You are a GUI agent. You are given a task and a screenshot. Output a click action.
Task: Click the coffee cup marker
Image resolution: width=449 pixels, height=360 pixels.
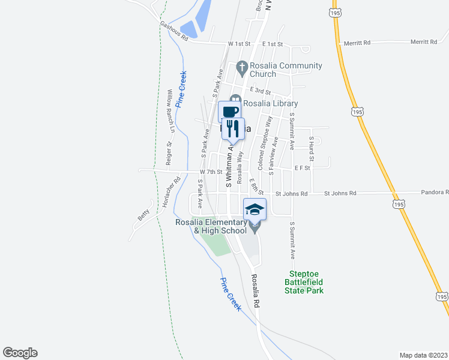coord(230,112)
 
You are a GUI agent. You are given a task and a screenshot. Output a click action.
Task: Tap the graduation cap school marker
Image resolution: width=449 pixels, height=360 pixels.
coord(255,209)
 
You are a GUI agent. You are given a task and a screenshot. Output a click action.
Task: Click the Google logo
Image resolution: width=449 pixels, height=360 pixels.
coord(20,353)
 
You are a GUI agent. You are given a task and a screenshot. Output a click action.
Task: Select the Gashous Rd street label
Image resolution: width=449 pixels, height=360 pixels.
coord(174,31)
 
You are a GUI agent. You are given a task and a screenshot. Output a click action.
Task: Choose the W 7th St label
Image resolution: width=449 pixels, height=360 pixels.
coord(211,172)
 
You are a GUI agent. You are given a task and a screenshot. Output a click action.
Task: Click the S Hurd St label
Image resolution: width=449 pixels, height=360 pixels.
coord(312,146)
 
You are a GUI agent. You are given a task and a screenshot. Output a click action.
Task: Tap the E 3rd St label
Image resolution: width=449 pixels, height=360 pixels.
coord(261,90)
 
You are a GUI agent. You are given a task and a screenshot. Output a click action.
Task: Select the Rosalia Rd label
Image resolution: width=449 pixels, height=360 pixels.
coord(255,291)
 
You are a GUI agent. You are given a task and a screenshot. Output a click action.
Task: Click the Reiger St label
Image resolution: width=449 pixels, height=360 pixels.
coord(169,153)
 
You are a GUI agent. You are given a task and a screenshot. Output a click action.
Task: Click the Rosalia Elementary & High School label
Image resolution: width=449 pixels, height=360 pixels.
coord(211,226)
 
